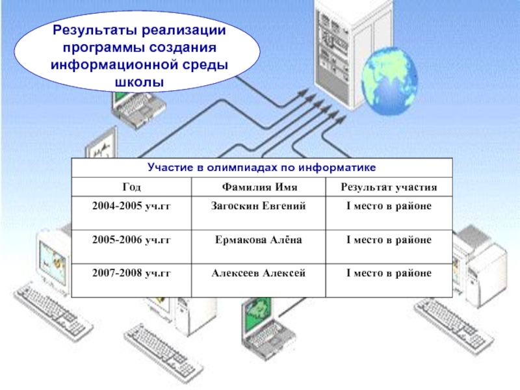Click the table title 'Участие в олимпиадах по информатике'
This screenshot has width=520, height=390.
click(x=262, y=168)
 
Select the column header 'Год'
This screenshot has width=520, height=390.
click(x=131, y=187)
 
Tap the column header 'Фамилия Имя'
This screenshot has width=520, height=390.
click(x=258, y=187)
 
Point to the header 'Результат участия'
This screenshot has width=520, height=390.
click(x=389, y=187)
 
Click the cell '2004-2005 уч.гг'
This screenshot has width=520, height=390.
click(x=131, y=206)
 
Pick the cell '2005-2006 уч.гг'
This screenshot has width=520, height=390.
click(x=131, y=240)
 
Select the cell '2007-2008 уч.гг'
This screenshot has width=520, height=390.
click(x=131, y=274)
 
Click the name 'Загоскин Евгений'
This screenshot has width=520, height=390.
click(x=258, y=206)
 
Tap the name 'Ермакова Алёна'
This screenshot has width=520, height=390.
click(x=258, y=240)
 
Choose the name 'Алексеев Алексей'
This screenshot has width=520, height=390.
click(x=258, y=274)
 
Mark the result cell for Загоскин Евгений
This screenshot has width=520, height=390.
click(x=389, y=206)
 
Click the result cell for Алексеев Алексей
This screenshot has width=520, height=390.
click(x=389, y=274)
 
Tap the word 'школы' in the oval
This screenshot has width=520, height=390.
click(x=139, y=83)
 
